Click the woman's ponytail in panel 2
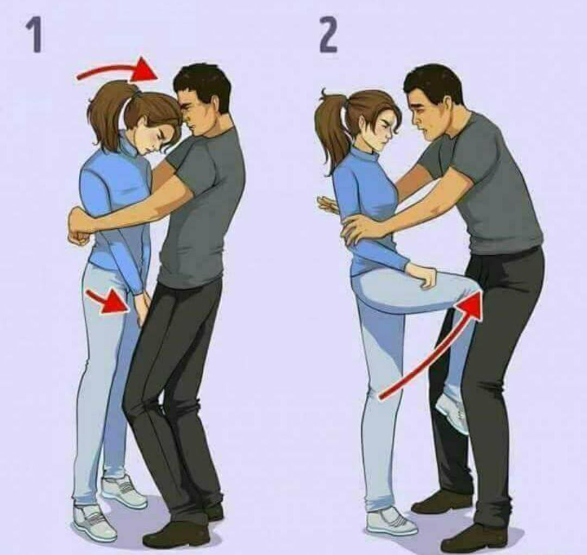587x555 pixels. (332, 127)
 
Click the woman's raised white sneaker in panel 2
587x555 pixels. (453, 413)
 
